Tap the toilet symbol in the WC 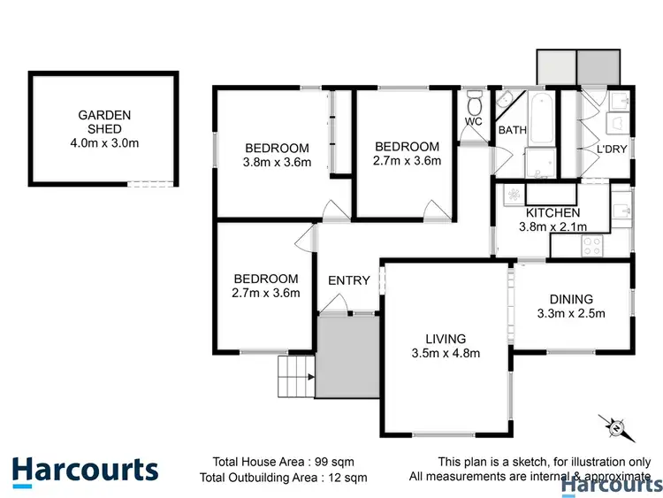tap(474, 98)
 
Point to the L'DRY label tap(611, 149)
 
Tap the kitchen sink tap(622, 209)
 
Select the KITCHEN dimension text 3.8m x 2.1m tap(552, 227)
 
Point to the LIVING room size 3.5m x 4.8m tap(445, 354)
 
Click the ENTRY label tap(348, 280)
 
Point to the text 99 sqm tap(347, 461)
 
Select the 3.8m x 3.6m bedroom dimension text tap(277, 162)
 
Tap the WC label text tap(473, 121)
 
